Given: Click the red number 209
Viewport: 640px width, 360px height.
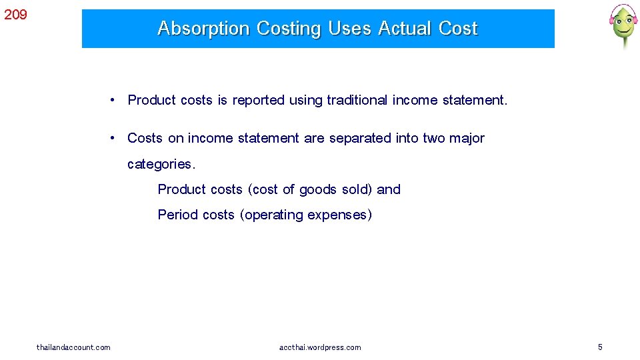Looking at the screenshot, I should [x=15, y=14].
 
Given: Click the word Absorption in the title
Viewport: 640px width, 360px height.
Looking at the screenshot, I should [x=203, y=29].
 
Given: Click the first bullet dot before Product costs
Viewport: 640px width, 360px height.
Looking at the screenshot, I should [x=115, y=100].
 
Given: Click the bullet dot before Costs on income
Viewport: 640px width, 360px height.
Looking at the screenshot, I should [x=115, y=138].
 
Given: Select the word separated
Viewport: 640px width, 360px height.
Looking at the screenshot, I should [x=360, y=138].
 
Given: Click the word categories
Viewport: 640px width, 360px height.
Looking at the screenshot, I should [x=161, y=164].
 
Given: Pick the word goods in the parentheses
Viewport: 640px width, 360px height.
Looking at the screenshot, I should [x=318, y=189].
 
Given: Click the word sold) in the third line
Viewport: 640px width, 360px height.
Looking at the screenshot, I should [x=357, y=189].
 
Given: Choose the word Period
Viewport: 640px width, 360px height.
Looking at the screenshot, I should [x=177, y=215].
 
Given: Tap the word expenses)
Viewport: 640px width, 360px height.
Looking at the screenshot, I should [x=340, y=215].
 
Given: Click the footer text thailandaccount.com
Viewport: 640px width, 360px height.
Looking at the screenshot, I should [x=73, y=347].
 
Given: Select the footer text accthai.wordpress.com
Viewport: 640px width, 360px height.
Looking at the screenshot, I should [x=320, y=347].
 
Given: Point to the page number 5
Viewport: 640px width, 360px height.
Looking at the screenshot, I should [x=600, y=347].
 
